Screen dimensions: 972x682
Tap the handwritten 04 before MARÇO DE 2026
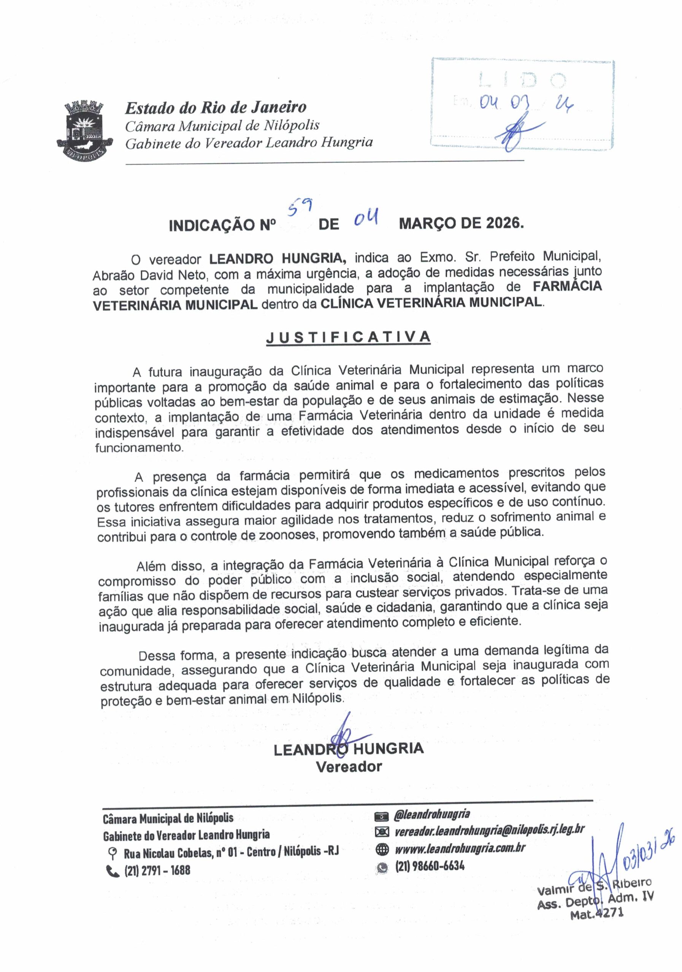tap(366, 219)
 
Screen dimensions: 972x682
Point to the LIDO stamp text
tap(522, 80)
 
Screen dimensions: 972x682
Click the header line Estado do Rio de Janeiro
tap(215, 107)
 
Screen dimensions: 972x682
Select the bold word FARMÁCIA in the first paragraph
tap(567, 287)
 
